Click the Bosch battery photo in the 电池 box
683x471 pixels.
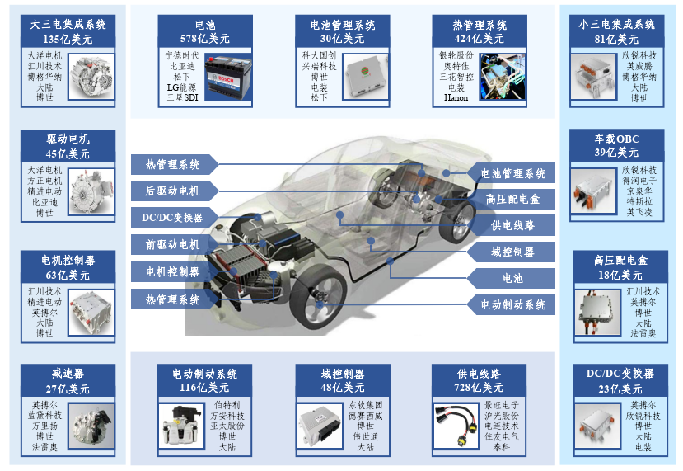coord(228,78)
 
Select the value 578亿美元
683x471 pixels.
coord(204,39)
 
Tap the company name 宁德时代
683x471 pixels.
coord(182,55)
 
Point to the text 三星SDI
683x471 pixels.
coord(182,97)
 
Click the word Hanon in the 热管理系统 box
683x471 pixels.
coord(456,97)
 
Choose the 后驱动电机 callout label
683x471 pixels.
coord(173,191)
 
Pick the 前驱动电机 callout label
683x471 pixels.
coord(173,245)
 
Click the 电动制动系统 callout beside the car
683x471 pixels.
coord(512,304)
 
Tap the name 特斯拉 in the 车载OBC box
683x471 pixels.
coord(639,201)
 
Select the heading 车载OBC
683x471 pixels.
coord(617,139)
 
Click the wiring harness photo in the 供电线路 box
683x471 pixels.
coord(456,426)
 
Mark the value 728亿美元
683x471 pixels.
coord(479,387)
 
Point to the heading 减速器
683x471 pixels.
coord(68,374)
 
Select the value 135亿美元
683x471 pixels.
coord(68,40)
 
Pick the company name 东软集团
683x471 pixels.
coord(365,405)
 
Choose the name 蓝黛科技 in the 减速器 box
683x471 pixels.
coord(44,415)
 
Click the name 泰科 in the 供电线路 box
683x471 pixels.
coord(502,447)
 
